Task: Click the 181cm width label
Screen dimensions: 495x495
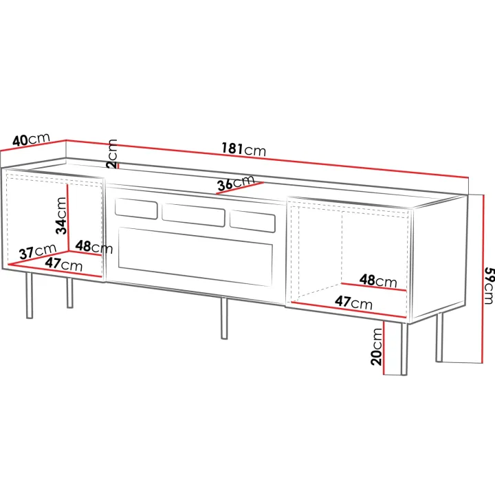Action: [x=243, y=149]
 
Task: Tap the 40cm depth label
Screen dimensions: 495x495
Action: [x=31, y=139]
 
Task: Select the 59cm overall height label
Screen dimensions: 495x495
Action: [x=489, y=286]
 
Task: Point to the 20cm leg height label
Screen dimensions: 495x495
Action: [x=376, y=346]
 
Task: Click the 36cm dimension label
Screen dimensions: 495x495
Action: [x=236, y=183]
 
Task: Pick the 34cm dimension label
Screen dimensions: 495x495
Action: [x=61, y=216]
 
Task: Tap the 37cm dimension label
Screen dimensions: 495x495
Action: [x=38, y=252]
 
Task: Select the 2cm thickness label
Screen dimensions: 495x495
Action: [x=112, y=153]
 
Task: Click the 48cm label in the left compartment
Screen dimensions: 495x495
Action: [x=93, y=247]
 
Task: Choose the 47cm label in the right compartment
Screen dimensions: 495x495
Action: [x=353, y=302]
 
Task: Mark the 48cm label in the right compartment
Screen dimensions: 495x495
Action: [x=378, y=280]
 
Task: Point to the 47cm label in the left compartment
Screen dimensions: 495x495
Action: [x=63, y=264]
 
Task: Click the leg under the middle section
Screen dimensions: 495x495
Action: [x=224, y=318]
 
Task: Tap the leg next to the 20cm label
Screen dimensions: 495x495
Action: [x=404, y=349]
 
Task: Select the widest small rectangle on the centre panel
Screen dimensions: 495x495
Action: [x=193, y=215]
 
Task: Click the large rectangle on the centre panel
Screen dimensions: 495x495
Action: [x=195, y=256]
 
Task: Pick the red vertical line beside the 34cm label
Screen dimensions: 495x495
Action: [x=68, y=217]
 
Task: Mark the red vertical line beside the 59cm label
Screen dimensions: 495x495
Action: [x=483, y=278]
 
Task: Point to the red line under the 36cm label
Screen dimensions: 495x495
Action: [x=240, y=188]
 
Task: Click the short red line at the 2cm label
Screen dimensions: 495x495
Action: [x=118, y=166]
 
